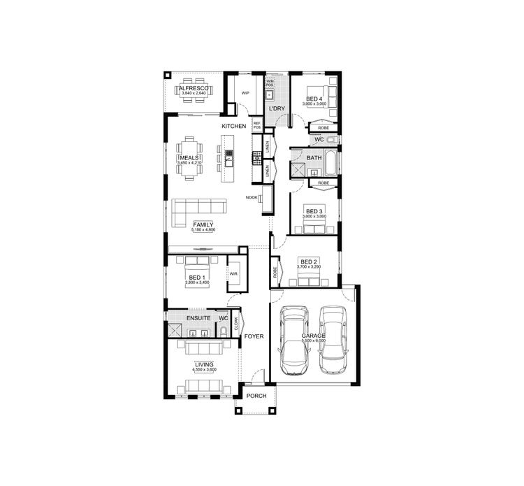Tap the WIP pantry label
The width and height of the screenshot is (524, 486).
[245, 92]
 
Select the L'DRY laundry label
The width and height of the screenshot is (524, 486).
[277, 108]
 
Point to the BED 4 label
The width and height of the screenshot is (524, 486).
[314, 99]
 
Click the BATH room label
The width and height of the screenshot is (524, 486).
[314, 158]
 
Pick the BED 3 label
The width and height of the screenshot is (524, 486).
[314, 211]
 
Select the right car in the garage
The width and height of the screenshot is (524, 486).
[333, 341]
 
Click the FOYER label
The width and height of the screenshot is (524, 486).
[254, 336]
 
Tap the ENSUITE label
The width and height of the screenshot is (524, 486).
[189, 317]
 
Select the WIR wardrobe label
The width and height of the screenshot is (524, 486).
[234, 273]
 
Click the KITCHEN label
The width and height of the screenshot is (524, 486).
[233, 126]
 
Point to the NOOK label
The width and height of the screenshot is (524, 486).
[252, 197]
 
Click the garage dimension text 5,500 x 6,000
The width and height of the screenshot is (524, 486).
[314, 340]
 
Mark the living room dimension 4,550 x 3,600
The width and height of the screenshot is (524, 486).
[204, 370]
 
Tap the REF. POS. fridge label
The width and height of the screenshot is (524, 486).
[257, 126]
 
